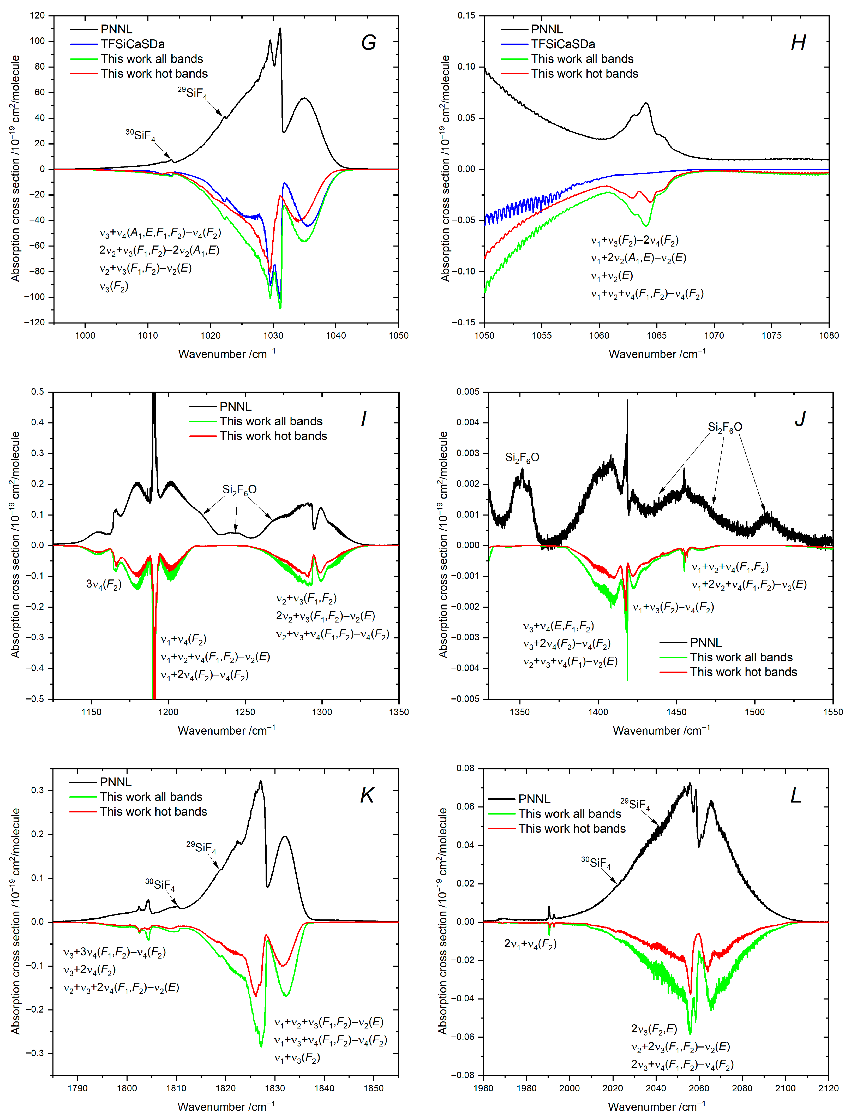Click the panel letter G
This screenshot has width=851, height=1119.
pyautogui.click(x=368, y=43)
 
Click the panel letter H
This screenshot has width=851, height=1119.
pyautogui.click(x=798, y=43)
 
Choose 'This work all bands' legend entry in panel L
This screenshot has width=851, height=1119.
pyautogui.click(x=569, y=813)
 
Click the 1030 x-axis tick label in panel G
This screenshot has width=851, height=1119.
pyautogui.click(x=273, y=335)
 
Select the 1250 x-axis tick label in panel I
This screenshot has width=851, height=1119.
pyautogui.click(x=245, y=712)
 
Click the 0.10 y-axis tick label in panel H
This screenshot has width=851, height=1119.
pyautogui.click(x=466, y=66)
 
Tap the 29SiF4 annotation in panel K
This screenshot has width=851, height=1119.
pyautogui.click(x=201, y=846)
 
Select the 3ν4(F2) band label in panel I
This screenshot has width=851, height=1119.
pyautogui.click(x=103, y=585)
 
